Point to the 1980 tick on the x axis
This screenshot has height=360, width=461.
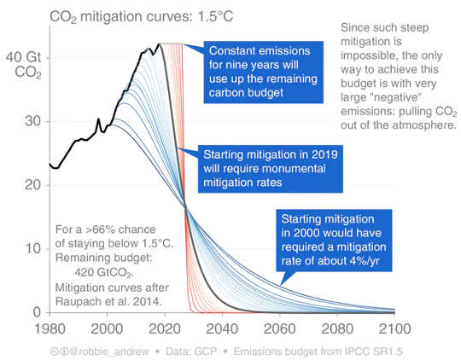(50, 327)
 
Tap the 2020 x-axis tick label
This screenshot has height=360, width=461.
(164, 327)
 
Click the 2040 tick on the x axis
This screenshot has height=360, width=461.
(220, 327)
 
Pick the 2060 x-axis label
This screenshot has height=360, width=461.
(277, 327)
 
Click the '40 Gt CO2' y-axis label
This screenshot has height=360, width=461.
(22, 65)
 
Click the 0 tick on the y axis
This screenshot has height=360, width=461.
(36, 311)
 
